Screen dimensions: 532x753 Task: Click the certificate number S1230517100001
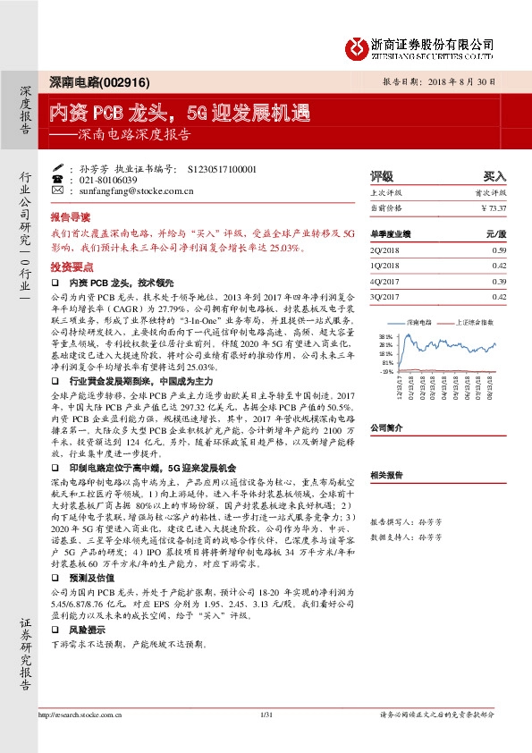click(223, 168)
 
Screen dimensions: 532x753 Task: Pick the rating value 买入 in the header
click(494, 176)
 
